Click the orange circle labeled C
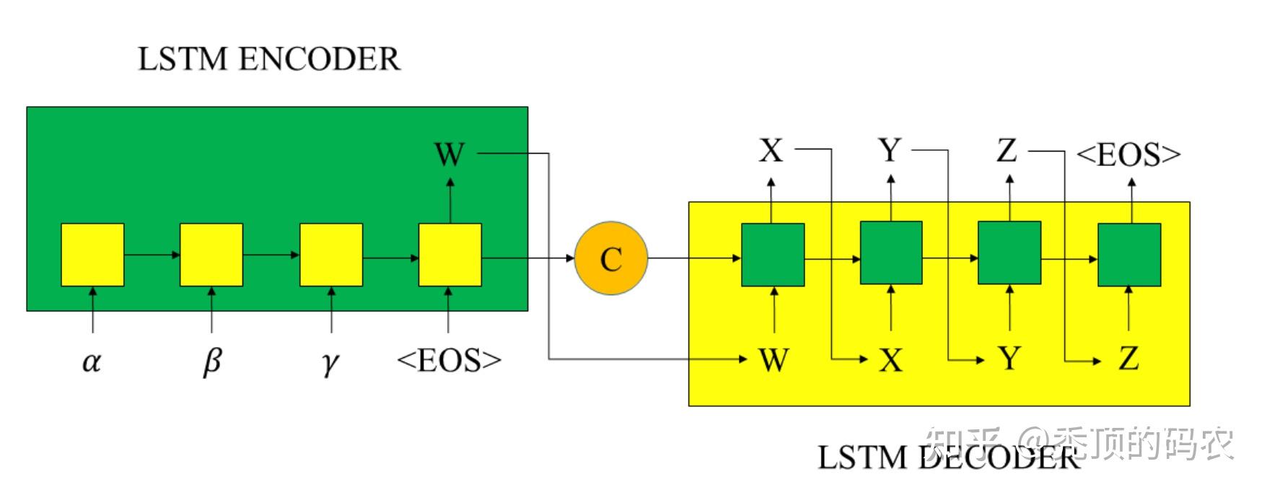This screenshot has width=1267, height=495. (x=611, y=258)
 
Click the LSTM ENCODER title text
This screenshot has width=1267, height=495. (x=268, y=59)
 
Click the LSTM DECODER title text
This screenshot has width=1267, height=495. (x=948, y=457)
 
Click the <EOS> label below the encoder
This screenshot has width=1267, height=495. (x=449, y=359)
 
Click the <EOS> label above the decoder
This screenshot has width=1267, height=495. (x=1128, y=154)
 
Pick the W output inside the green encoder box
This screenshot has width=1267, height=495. (x=449, y=154)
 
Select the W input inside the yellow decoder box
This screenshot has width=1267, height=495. (x=773, y=359)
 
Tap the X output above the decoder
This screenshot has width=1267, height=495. (x=771, y=151)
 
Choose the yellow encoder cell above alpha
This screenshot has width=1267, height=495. (x=92, y=255)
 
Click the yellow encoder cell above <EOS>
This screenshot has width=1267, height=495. (x=450, y=255)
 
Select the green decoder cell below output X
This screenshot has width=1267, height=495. (x=773, y=255)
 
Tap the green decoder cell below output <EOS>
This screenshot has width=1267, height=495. (x=1129, y=255)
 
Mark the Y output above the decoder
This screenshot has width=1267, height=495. (x=890, y=151)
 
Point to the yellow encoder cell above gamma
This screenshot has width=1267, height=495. (x=331, y=255)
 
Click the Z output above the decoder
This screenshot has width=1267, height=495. (x=1007, y=151)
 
